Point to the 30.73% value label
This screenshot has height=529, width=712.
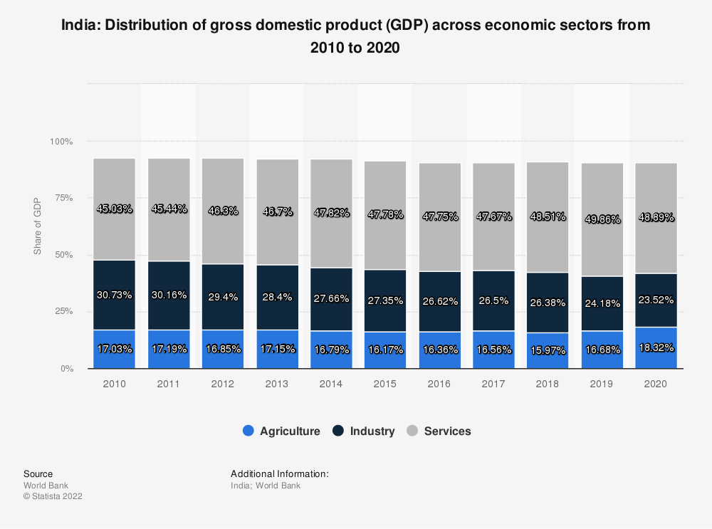click(114, 295)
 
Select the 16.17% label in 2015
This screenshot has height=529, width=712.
click(385, 351)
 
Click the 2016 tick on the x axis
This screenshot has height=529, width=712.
click(439, 384)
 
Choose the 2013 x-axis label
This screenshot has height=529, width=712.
click(276, 384)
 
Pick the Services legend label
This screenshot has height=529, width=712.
click(447, 431)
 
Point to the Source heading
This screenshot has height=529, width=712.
click(38, 473)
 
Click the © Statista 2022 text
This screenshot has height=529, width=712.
click(53, 496)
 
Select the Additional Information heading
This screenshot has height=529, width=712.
click(279, 473)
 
